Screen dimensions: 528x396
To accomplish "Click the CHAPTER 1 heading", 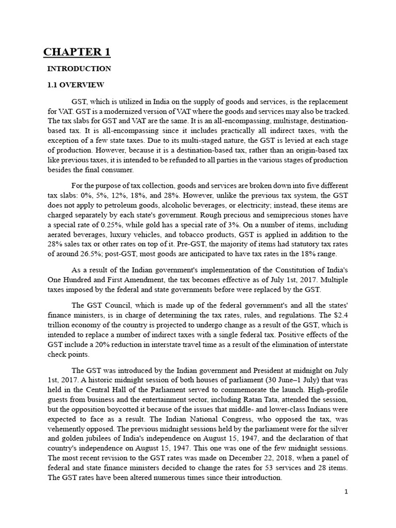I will coord(76,52).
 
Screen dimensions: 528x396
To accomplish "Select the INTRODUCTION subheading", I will coord(79,69).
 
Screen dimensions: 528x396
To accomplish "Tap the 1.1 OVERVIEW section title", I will coord(76,85).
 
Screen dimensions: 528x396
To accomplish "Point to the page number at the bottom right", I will coord(346,491).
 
